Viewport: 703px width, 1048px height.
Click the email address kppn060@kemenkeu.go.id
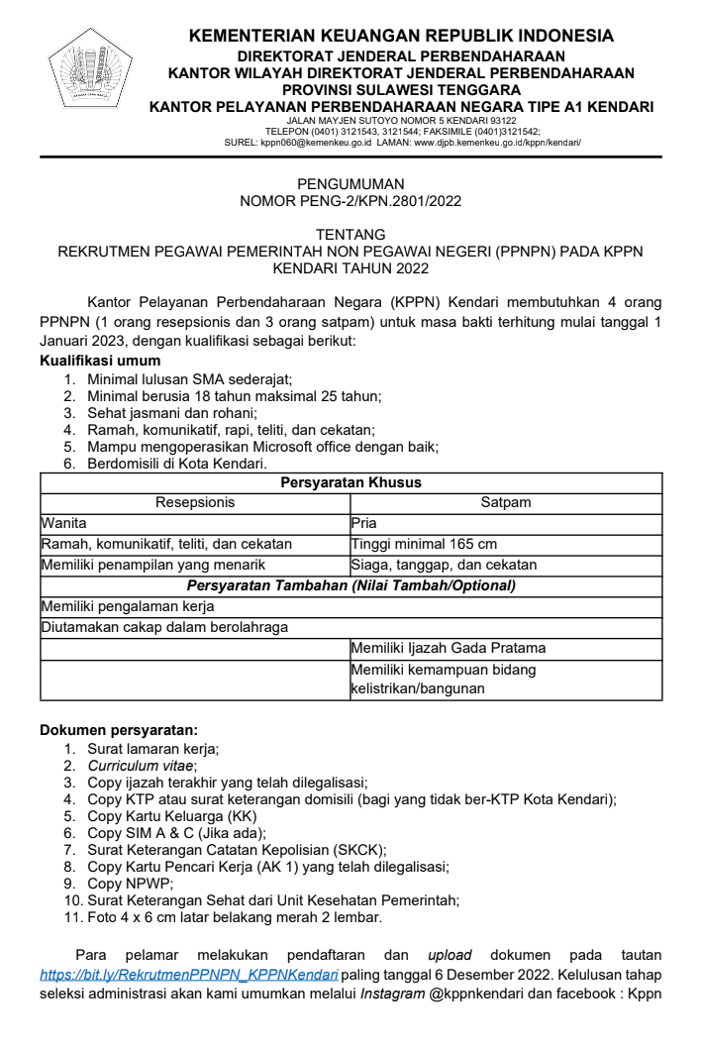pos(315,142)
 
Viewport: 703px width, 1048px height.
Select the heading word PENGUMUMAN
pos(351,184)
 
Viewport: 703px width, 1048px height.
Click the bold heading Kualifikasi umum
pos(99,361)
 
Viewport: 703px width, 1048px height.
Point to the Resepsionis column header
pos(195,502)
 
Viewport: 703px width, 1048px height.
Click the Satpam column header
pos(506,502)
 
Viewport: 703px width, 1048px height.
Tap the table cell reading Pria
pos(364,523)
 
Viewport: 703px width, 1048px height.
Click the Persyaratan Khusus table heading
pos(351,482)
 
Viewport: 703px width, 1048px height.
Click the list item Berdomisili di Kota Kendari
pos(177,463)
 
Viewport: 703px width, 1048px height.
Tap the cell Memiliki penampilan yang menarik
pos(152,565)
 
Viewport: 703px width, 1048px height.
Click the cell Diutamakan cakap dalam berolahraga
pos(164,627)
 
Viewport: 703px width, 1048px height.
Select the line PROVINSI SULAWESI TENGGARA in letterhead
pos(401,90)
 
